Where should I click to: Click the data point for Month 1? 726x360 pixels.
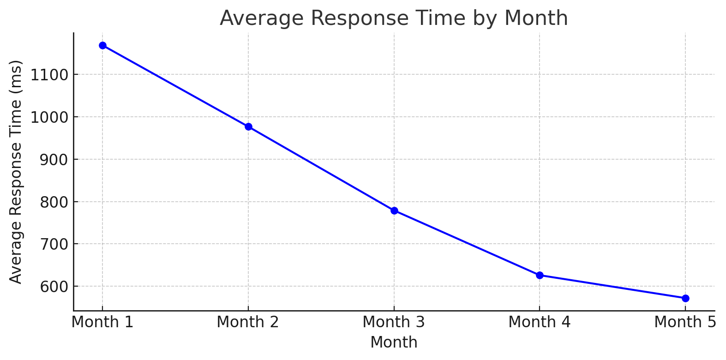click(x=102, y=45)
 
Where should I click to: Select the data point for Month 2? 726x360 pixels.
click(x=248, y=126)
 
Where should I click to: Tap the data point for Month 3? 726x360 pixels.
click(x=394, y=210)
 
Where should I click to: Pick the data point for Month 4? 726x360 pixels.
click(x=540, y=275)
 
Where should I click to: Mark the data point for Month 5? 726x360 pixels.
click(x=685, y=298)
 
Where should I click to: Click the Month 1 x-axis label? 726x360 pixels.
click(x=102, y=322)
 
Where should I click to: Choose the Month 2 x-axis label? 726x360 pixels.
click(x=248, y=322)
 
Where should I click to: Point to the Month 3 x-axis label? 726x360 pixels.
click(x=394, y=322)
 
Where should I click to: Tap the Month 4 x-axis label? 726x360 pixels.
click(x=540, y=322)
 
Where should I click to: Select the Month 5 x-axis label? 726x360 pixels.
click(x=685, y=322)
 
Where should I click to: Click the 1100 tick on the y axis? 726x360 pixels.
click(x=49, y=75)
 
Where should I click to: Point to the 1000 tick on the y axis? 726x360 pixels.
click(x=49, y=117)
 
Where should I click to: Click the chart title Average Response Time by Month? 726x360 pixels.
click(x=394, y=18)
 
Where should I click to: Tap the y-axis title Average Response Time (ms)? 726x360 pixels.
click(x=16, y=172)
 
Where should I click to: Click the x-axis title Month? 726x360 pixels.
click(x=394, y=342)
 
